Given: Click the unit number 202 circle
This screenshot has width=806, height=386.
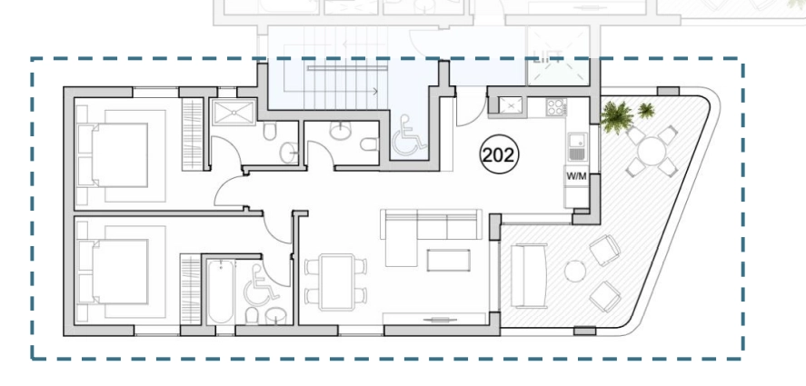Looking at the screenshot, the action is [499, 154].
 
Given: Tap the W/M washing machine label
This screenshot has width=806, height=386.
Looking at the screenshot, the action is [576, 176].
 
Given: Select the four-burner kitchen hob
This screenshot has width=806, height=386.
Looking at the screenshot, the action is [556, 107].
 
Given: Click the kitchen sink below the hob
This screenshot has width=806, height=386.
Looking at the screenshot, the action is [578, 146].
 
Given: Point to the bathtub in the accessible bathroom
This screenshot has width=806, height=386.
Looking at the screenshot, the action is [221, 292].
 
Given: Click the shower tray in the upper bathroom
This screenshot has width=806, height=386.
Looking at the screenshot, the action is [234, 113].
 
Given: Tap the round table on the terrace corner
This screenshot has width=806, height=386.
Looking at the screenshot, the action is [652, 151].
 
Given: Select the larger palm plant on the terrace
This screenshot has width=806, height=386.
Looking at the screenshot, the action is [617, 116].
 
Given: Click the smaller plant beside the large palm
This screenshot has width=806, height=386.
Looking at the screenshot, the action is [646, 110].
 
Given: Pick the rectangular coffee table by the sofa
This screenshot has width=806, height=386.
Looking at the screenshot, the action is [448, 260].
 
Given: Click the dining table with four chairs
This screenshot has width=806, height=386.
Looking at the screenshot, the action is [336, 282].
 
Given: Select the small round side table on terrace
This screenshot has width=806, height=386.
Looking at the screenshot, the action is [574, 271].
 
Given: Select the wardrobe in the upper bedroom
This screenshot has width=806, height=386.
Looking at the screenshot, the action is [193, 134].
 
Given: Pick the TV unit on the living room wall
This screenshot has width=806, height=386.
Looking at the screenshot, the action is [435, 319].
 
